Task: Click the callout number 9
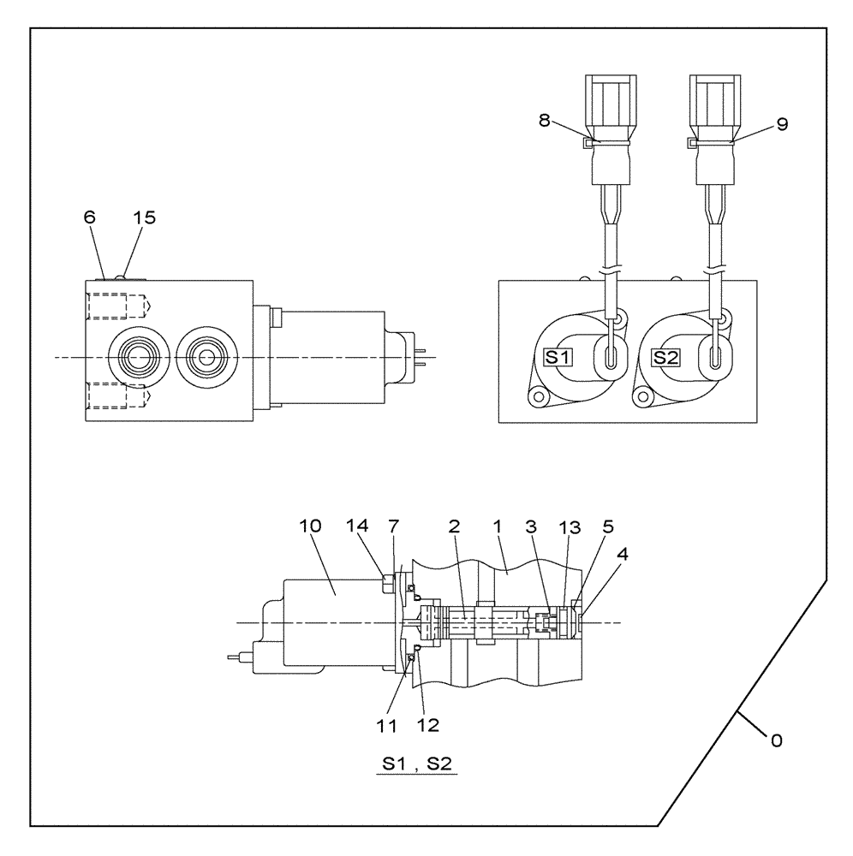point(782,123)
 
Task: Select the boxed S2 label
point(665,357)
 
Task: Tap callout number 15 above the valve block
point(145,217)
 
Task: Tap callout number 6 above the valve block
point(90,217)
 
